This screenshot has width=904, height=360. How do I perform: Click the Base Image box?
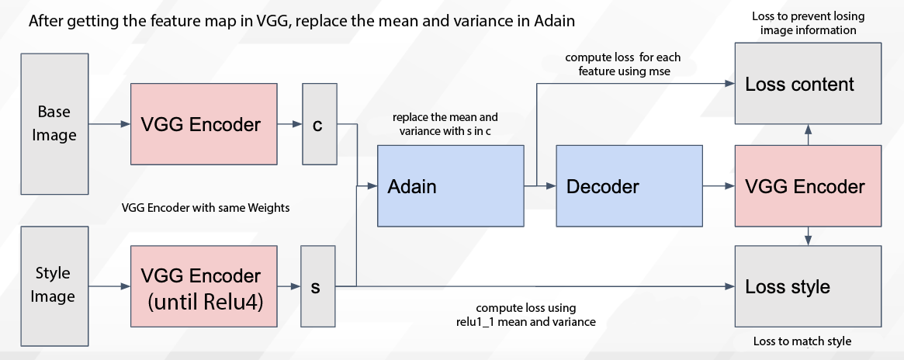(54, 124)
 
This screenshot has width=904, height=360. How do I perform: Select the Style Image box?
(54, 286)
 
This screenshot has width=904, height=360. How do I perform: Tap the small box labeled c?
(320, 124)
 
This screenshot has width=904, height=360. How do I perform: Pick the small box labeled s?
(317, 286)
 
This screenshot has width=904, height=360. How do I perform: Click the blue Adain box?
(450, 185)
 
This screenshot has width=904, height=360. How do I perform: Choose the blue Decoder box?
(629, 185)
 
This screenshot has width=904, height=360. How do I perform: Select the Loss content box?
(808, 84)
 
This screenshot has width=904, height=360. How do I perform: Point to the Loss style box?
(808, 286)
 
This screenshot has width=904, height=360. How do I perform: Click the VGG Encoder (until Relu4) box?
(203, 286)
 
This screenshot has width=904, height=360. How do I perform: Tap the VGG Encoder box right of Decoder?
(808, 185)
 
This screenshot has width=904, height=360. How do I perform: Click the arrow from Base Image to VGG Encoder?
(109, 124)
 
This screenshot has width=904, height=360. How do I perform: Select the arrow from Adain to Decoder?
(539, 186)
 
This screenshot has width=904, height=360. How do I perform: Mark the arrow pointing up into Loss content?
(808, 135)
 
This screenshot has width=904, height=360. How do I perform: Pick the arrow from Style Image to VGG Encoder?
(109, 286)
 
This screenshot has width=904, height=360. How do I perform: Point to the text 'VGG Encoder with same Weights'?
(206, 208)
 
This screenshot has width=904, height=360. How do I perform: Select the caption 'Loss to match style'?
(802, 341)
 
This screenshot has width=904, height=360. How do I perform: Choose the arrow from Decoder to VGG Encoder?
(719, 186)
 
